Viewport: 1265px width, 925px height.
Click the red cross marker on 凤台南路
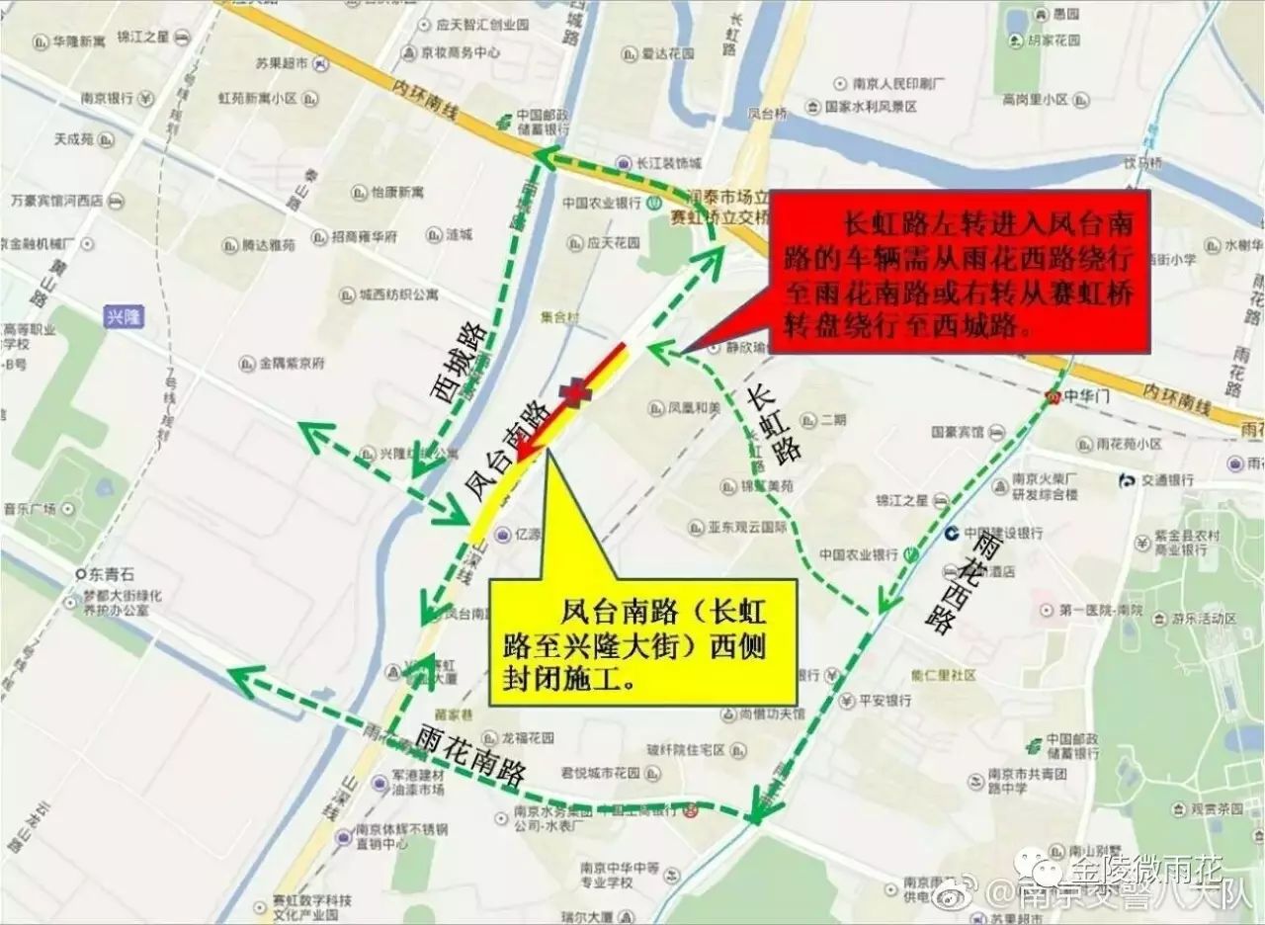(x=574, y=392)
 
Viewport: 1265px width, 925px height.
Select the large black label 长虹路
(x=775, y=424)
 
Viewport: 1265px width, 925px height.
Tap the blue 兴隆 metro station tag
(x=124, y=316)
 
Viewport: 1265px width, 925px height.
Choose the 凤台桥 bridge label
(x=767, y=115)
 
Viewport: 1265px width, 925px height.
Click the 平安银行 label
(x=885, y=701)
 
